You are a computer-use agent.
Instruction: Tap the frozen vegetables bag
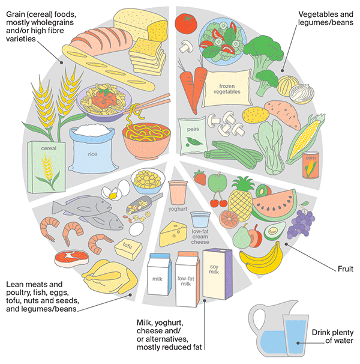[x=227, y=89]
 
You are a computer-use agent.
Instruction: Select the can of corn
[x=311, y=165]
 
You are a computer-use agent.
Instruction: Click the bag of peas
[x=192, y=135]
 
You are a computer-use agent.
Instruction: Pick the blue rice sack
[x=92, y=148]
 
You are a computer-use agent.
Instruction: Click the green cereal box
[x=46, y=167]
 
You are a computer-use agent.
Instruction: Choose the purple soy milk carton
[x=217, y=274]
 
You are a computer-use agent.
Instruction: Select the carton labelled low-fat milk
[x=187, y=279]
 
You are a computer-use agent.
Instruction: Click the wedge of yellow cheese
[x=173, y=234]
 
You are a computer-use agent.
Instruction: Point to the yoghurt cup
[x=178, y=193]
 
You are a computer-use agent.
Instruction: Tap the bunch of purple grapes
[x=301, y=222]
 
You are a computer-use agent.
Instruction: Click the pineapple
[x=241, y=199]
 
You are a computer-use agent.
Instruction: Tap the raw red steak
[x=71, y=258]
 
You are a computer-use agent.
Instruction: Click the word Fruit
[x=346, y=269]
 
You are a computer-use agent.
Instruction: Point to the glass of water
[x=295, y=335]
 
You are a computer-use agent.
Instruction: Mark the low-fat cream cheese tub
[x=200, y=219]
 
